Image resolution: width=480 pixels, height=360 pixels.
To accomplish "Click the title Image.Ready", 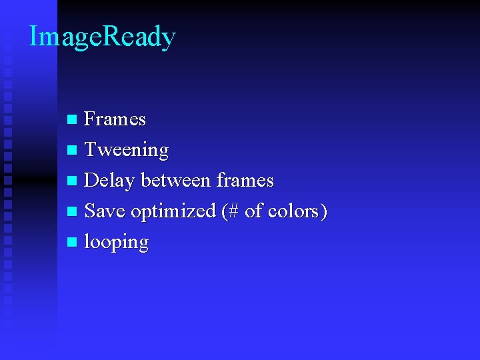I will [x=102, y=37].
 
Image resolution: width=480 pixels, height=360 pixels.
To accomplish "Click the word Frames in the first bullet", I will [x=115, y=119].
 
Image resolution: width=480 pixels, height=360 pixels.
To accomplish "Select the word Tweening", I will [x=127, y=150].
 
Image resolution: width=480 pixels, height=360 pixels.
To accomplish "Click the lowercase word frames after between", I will [x=245, y=180].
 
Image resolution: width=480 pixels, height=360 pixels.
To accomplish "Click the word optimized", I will [x=173, y=212].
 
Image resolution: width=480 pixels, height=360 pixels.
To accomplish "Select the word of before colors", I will [x=254, y=211].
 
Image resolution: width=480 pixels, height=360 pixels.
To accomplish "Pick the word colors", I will [x=293, y=211].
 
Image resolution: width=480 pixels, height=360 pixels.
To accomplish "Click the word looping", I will [x=116, y=243].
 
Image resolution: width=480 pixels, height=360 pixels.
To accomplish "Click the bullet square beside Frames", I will [x=73, y=120].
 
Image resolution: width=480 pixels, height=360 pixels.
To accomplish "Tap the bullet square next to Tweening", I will [x=73, y=151].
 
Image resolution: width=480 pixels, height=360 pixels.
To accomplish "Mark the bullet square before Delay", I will [x=73, y=181].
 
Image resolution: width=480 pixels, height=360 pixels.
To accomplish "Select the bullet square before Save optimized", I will [x=73, y=212].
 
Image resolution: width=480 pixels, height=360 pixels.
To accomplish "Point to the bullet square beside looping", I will [x=73, y=243].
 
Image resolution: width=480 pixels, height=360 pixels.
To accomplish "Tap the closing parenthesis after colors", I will [x=323, y=211].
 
